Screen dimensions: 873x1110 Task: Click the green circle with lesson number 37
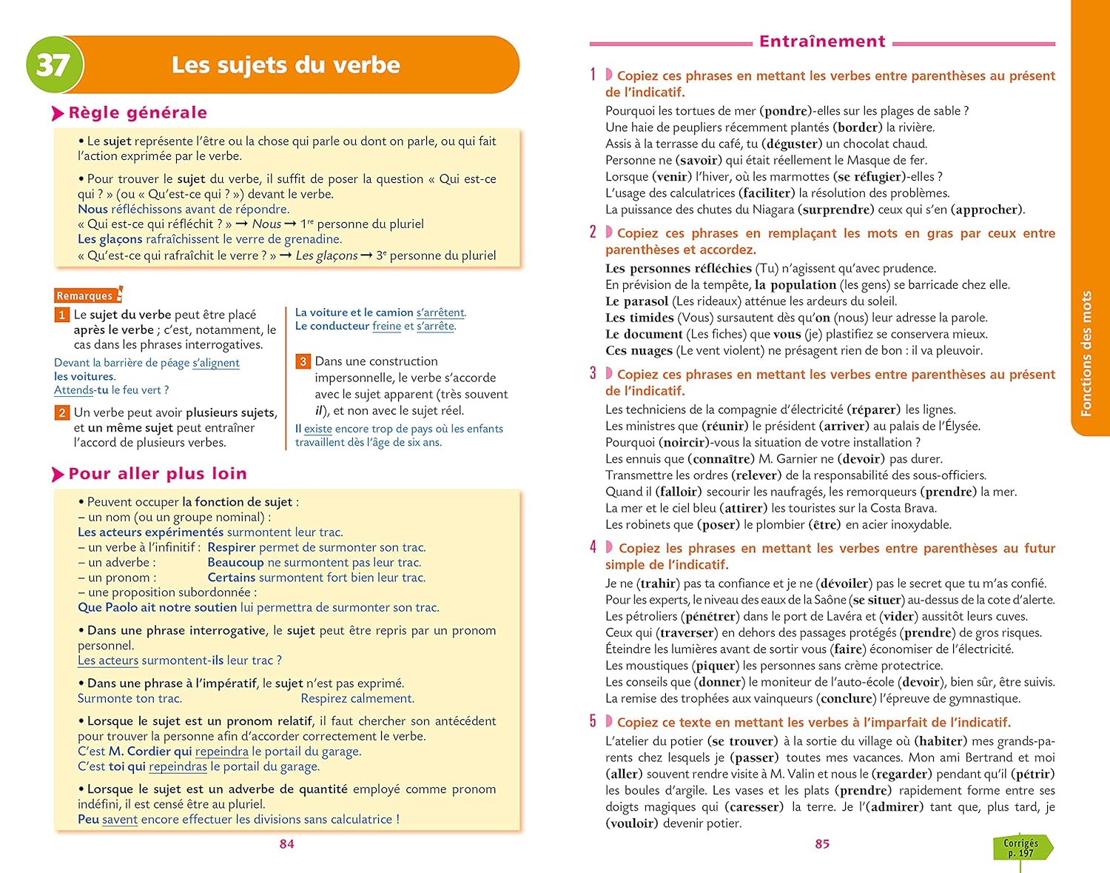(53, 64)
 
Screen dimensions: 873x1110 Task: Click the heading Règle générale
(138, 113)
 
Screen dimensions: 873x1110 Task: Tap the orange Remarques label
(85, 295)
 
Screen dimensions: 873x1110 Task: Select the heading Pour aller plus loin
(157, 474)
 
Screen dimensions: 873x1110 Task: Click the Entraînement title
(822, 41)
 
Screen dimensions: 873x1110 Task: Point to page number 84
(286, 844)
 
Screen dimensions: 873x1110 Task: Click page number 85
(822, 844)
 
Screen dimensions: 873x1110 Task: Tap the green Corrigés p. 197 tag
(1021, 848)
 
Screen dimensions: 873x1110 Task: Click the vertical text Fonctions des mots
(1086, 354)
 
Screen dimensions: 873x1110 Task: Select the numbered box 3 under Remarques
(303, 361)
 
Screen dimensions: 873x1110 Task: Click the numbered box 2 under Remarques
(62, 412)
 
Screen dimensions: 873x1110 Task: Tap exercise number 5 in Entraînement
(593, 722)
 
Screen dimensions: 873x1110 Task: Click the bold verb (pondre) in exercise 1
(786, 111)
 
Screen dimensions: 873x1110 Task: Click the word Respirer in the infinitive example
(232, 547)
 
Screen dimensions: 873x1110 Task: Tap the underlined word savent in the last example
(120, 819)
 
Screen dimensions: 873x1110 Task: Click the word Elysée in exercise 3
(958, 426)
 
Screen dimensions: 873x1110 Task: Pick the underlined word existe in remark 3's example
(318, 429)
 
